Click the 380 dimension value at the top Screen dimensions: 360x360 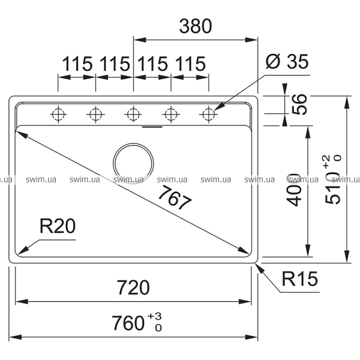[195, 26]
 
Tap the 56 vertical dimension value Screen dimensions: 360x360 [299, 106]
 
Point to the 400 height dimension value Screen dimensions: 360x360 [293, 189]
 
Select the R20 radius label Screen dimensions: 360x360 [56, 226]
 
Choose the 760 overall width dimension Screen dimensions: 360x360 [129, 323]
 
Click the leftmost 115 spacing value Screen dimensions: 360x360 [76, 63]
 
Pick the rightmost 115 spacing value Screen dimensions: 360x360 [190, 63]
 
